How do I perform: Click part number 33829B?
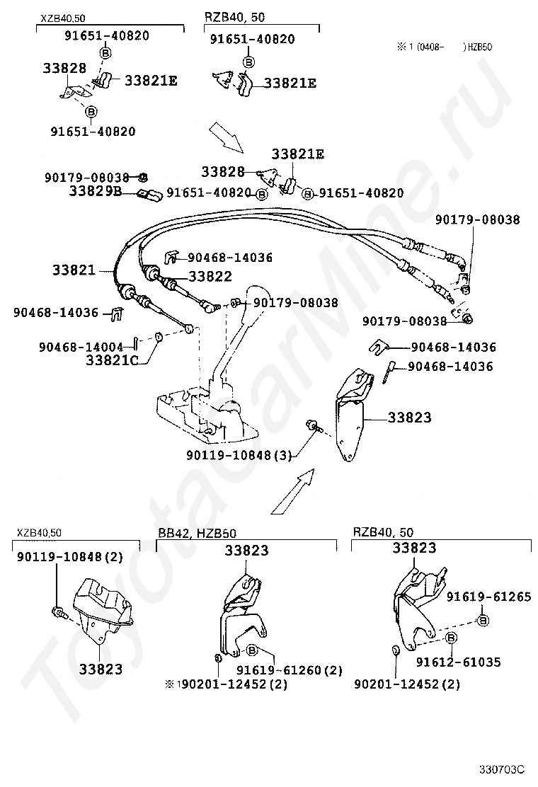(x=96, y=190)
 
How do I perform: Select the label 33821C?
(x=112, y=360)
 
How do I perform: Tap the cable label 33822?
(x=210, y=276)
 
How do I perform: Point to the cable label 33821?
(x=74, y=270)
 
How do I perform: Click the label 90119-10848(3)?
(x=239, y=455)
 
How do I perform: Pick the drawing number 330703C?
(x=501, y=769)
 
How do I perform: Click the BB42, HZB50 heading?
(x=198, y=532)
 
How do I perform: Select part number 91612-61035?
(x=458, y=662)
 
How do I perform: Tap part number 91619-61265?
(x=489, y=597)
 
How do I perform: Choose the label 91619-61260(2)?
(x=290, y=670)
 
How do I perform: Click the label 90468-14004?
(x=81, y=347)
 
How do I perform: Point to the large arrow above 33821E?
(x=227, y=137)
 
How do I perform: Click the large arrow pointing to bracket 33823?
(x=293, y=491)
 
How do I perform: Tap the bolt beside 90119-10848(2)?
(x=57, y=611)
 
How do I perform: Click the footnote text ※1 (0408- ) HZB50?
(x=445, y=47)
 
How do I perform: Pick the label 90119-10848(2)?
(x=70, y=556)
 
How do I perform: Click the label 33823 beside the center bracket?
(x=410, y=417)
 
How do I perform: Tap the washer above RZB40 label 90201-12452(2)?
(x=396, y=650)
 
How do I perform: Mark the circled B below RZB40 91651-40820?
(x=249, y=62)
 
